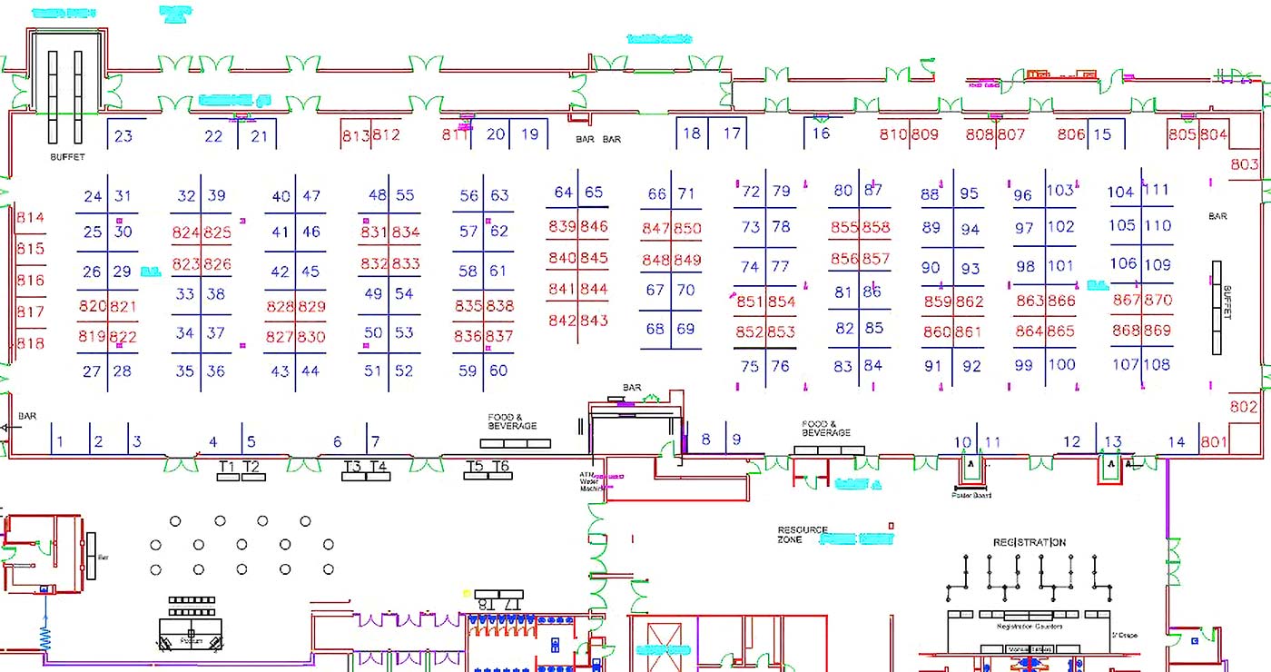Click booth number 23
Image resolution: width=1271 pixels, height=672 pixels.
pyautogui.click(x=123, y=136)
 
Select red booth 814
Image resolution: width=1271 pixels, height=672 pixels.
pyautogui.click(x=30, y=218)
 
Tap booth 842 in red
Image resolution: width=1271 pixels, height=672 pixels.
pyautogui.click(x=562, y=321)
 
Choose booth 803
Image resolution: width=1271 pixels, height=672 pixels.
pyautogui.click(x=1244, y=164)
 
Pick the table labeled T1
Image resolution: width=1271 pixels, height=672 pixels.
pyautogui.click(x=228, y=468)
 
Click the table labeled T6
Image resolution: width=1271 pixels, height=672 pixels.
pyautogui.click(x=500, y=467)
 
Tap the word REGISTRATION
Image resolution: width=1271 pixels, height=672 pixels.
pyautogui.click(x=1029, y=542)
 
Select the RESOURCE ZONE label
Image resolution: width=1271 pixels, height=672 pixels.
pyautogui.click(x=803, y=534)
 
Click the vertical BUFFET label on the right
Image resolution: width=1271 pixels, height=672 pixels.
pyautogui.click(x=1227, y=301)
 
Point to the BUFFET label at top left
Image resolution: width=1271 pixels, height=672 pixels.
pyautogui.click(x=67, y=157)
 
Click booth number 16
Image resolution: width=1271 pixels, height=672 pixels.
pyautogui.click(x=820, y=133)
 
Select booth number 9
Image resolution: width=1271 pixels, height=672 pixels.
pyautogui.click(x=736, y=440)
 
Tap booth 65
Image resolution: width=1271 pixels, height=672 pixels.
pyautogui.click(x=594, y=193)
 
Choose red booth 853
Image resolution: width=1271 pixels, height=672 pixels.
pyautogui.click(x=781, y=332)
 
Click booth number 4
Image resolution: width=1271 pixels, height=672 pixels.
pyautogui.click(x=213, y=442)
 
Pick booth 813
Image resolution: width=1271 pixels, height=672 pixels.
pyautogui.click(x=356, y=135)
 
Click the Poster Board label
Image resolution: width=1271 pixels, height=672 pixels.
pyautogui.click(x=970, y=495)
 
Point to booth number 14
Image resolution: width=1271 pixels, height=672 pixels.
pyautogui.click(x=1177, y=442)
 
